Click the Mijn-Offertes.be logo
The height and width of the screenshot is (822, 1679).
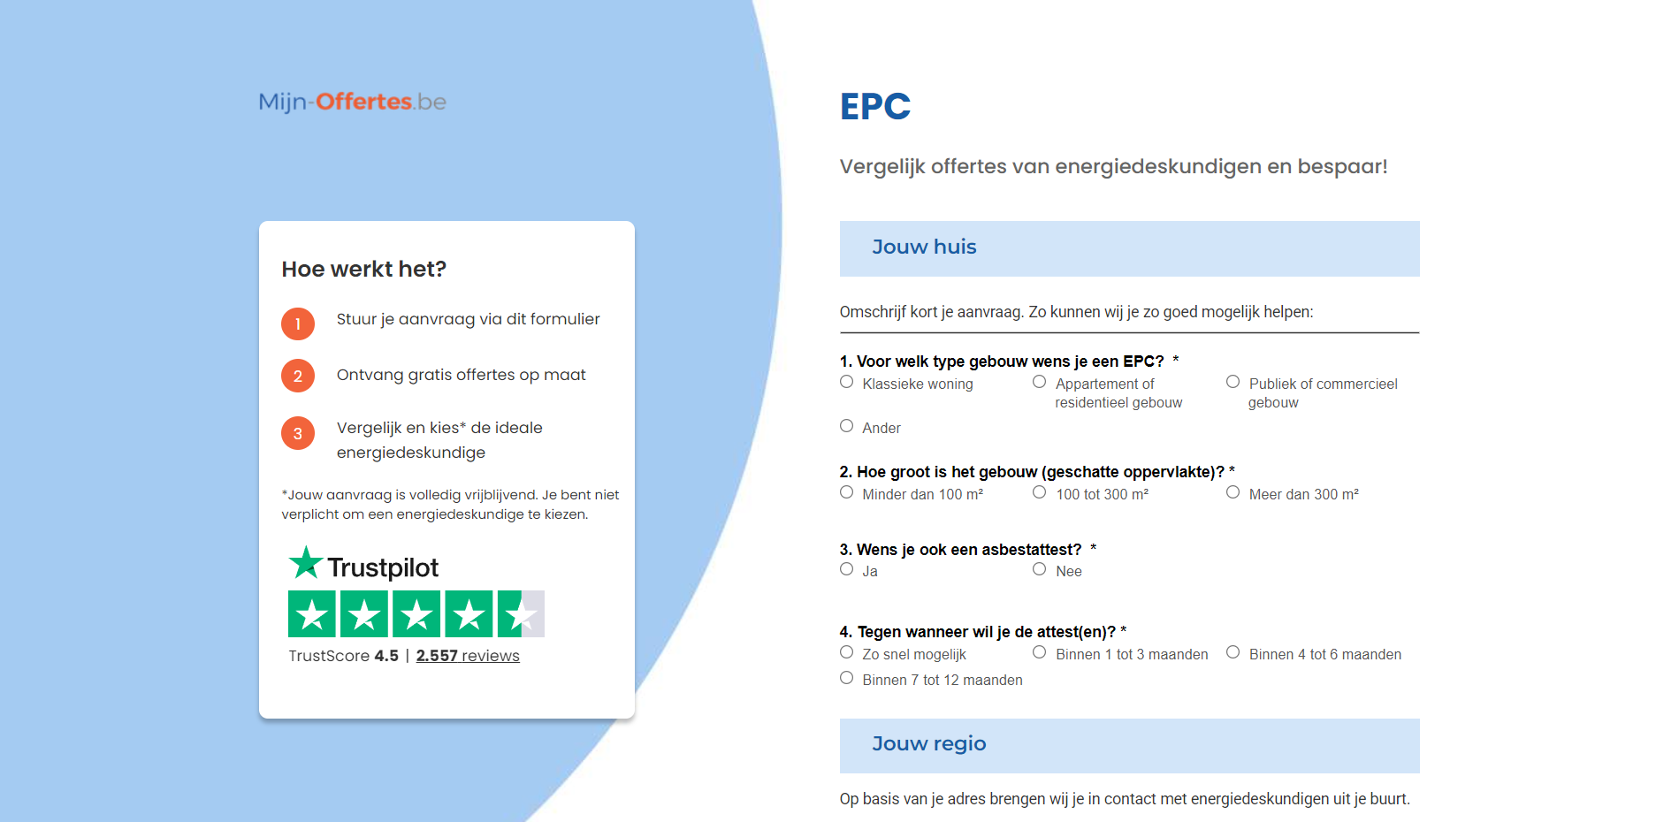[352, 102]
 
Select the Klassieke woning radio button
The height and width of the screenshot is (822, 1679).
[847, 382]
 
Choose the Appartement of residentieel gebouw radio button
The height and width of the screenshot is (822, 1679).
[1040, 382]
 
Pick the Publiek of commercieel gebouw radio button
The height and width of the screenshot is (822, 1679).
[1233, 382]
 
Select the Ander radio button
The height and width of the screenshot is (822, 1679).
[847, 426]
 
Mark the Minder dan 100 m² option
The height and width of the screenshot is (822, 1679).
[847, 492]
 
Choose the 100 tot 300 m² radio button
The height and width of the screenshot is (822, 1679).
[1040, 492]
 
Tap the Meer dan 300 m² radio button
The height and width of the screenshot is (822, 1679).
[1233, 492]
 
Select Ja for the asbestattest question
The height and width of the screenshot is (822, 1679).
[847, 569]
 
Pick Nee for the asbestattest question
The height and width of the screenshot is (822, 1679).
[1040, 569]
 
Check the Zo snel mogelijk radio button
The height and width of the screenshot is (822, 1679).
[847, 652]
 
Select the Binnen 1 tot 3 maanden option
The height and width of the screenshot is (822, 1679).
[1040, 652]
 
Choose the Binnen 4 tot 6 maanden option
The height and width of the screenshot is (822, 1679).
[1233, 652]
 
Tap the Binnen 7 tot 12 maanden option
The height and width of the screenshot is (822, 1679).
[847, 678]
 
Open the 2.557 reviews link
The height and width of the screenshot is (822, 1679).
[468, 656]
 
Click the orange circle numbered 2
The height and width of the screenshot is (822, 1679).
[298, 376]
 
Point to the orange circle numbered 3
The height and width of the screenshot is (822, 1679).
[298, 433]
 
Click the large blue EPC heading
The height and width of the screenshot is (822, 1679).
[875, 107]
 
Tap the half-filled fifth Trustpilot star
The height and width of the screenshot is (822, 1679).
[521, 613]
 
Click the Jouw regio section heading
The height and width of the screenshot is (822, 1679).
[929, 744]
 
